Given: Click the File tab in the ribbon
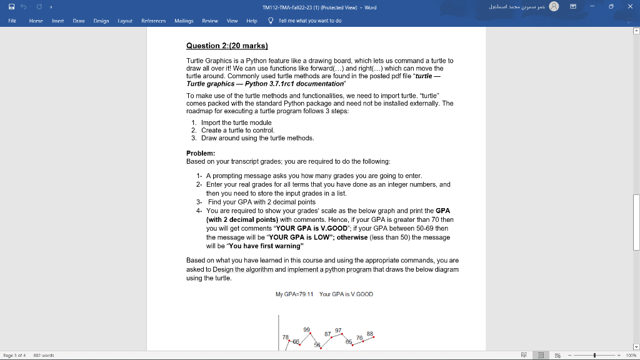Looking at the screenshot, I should pos(12,21).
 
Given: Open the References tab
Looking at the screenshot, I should pos(154,21).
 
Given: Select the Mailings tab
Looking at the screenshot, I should pos(184,21).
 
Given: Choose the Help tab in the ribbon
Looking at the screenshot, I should pos(252,21).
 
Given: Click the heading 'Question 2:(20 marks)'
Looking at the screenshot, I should pos(227,46).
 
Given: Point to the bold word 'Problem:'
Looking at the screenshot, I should pos(201,153).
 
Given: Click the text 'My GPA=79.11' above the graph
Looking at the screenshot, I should pos(294,294).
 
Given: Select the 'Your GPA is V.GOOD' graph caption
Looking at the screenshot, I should pos(346,294).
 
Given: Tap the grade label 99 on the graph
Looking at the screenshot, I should pos(306,329).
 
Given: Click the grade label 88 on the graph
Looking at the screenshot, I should pos(370,333).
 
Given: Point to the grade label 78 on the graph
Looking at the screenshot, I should pos(285,336).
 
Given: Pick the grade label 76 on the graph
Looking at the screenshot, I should pos(359,337).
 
